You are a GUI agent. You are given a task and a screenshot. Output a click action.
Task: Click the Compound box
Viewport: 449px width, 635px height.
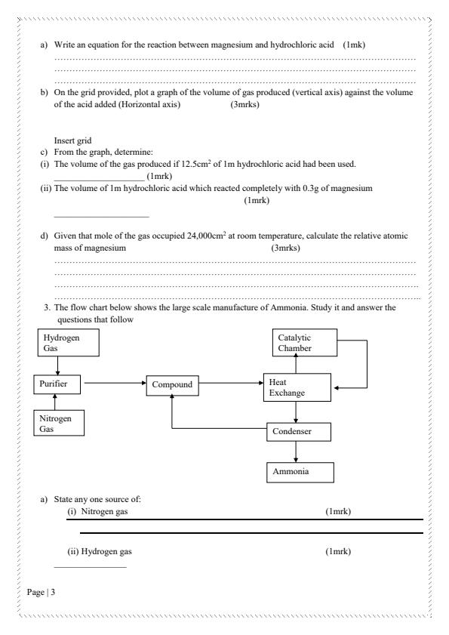pyautogui.click(x=174, y=384)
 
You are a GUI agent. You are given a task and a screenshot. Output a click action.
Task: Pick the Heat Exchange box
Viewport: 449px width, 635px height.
pyautogui.click(x=296, y=387)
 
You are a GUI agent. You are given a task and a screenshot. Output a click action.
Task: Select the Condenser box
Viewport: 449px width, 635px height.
pyautogui.click(x=300, y=432)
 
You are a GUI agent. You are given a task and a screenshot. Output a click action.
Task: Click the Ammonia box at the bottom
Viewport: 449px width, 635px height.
pyautogui.click(x=300, y=472)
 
